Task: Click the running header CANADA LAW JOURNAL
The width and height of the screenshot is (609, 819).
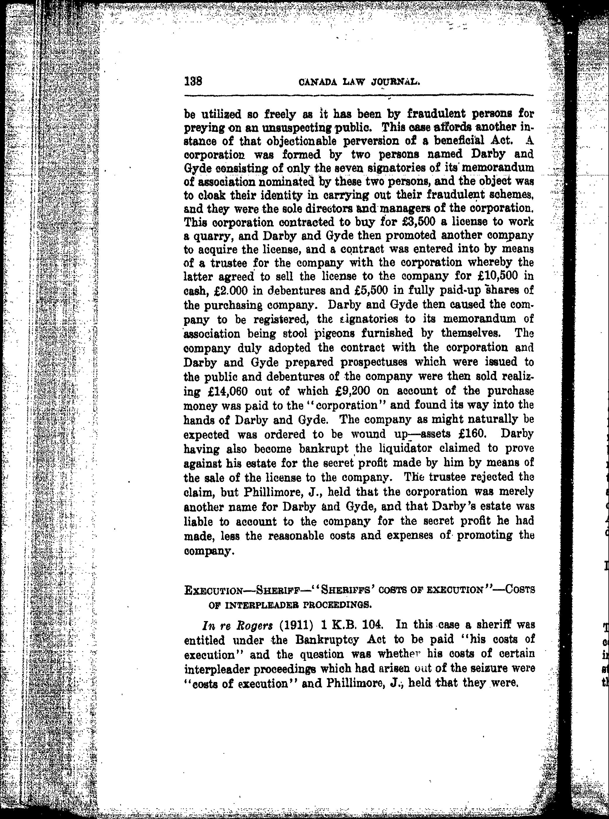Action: coord(360,82)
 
